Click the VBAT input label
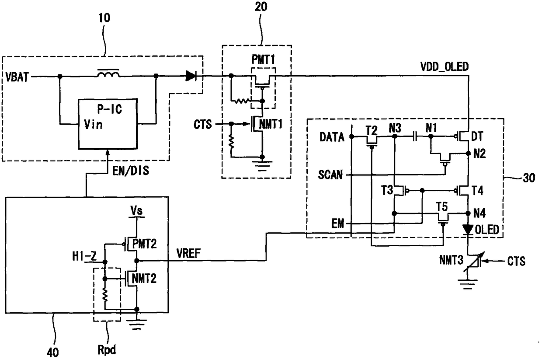17,77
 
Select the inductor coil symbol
108,73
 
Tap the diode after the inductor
191,76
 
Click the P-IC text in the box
110,109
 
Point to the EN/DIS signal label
131,171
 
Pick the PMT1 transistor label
263,59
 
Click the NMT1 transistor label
271,124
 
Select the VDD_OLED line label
445,67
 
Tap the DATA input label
332,137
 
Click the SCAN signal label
330,175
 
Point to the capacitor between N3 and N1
415,136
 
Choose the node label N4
479,213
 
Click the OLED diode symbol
468,230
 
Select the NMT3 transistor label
451,261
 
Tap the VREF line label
188,253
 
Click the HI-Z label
84,256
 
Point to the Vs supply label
136,211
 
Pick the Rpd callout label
107,350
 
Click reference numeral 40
53,353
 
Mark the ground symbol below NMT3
468,284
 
